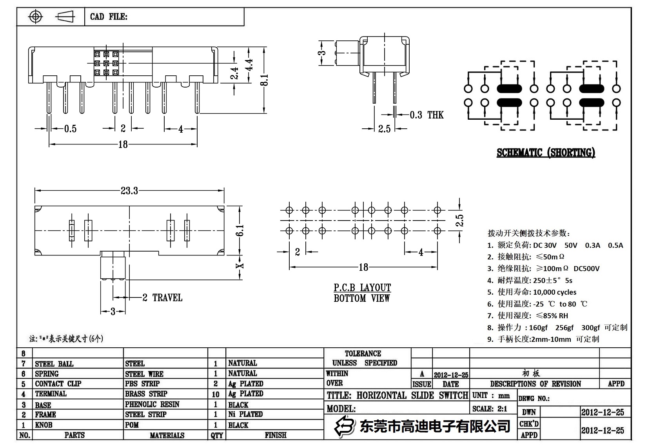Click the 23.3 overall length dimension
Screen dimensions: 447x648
pyautogui.click(x=129, y=191)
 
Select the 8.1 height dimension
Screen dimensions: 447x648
pyautogui.click(x=265, y=80)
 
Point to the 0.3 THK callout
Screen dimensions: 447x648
pyautogui.click(x=427, y=115)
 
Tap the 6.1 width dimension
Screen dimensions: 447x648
pyautogui.click(x=240, y=230)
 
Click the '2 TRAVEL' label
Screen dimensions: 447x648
pyautogui.click(x=162, y=298)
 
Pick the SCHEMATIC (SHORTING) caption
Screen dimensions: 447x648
pyautogui.click(x=546, y=153)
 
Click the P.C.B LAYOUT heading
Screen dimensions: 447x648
pyautogui.click(x=362, y=288)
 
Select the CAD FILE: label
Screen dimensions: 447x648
pyautogui.click(x=109, y=17)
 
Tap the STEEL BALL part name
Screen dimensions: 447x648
pyautogui.click(x=54, y=364)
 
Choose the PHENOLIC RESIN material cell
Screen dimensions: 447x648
pyautogui.click(x=152, y=404)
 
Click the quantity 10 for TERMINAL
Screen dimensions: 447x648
pyautogui.click(x=216, y=394)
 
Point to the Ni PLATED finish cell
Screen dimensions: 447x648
pyautogui.click(x=245, y=414)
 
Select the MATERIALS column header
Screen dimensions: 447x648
pyautogui.click(x=167, y=435)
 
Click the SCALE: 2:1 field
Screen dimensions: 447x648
pyautogui.click(x=490, y=409)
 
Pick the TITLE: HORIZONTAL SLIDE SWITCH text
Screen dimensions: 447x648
pyautogui.click(x=397, y=395)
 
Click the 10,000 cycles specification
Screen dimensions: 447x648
pyautogui.click(x=554, y=292)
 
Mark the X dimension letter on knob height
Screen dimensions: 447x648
pyautogui.click(x=240, y=266)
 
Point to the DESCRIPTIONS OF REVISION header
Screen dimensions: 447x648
pyautogui.click(x=535, y=384)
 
